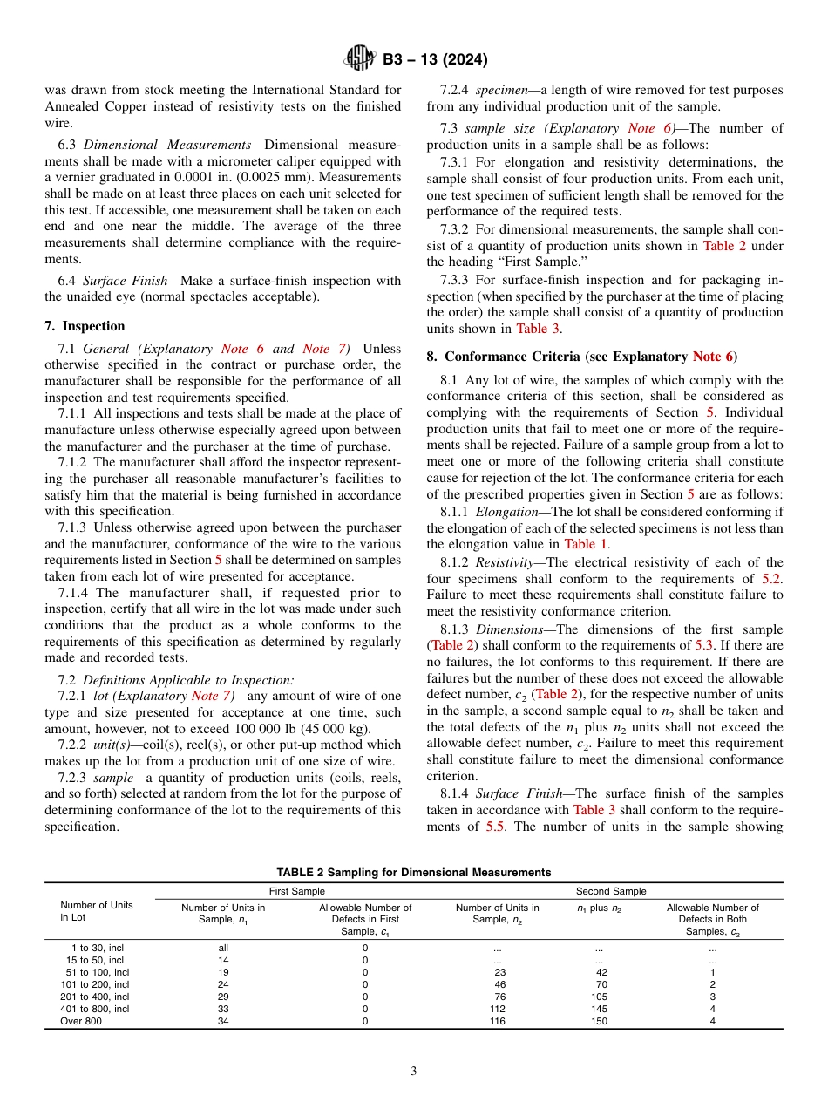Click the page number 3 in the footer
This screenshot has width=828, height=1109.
coord(414,1072)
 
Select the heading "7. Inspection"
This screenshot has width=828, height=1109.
coord(85,326)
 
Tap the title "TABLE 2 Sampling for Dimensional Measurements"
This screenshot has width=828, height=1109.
coord(414,872)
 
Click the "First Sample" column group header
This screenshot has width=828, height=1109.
coord(296,891)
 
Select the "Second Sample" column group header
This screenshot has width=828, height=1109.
coord(611,891)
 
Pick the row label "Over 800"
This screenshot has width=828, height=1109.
coord(80,1021)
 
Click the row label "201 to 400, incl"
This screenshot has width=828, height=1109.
coord(94,997)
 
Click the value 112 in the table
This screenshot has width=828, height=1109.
coord(499,1009)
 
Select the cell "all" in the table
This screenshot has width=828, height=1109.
coord(223,948)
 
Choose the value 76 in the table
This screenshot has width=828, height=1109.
coord(499,997)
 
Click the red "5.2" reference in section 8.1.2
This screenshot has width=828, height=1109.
coord(772,578)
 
